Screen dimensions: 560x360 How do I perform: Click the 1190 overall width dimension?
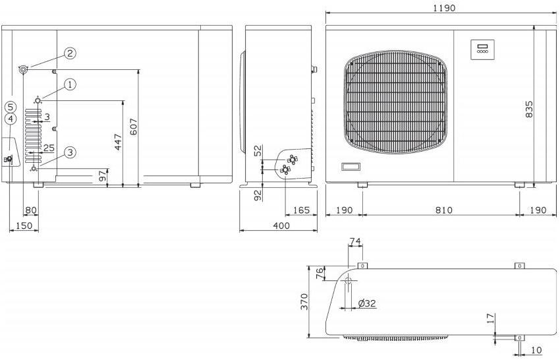click(x=444, y=8)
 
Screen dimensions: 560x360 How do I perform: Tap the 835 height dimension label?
click(x=529, y=109)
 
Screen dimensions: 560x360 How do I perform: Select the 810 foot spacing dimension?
click(x=443, y=210)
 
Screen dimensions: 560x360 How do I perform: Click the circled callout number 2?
click(x=70, y=53)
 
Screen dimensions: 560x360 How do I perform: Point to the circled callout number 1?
click(x=70, y=85)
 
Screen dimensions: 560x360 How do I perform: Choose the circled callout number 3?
click(x=70, y=153)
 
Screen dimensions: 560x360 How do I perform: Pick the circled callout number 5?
click(x=11, y=107)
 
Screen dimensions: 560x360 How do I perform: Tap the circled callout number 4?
click(x=11, y=119)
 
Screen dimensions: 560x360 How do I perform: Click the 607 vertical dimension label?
click(x=133, y=127)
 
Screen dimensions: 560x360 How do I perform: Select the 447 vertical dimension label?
click(x=118, y=142)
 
